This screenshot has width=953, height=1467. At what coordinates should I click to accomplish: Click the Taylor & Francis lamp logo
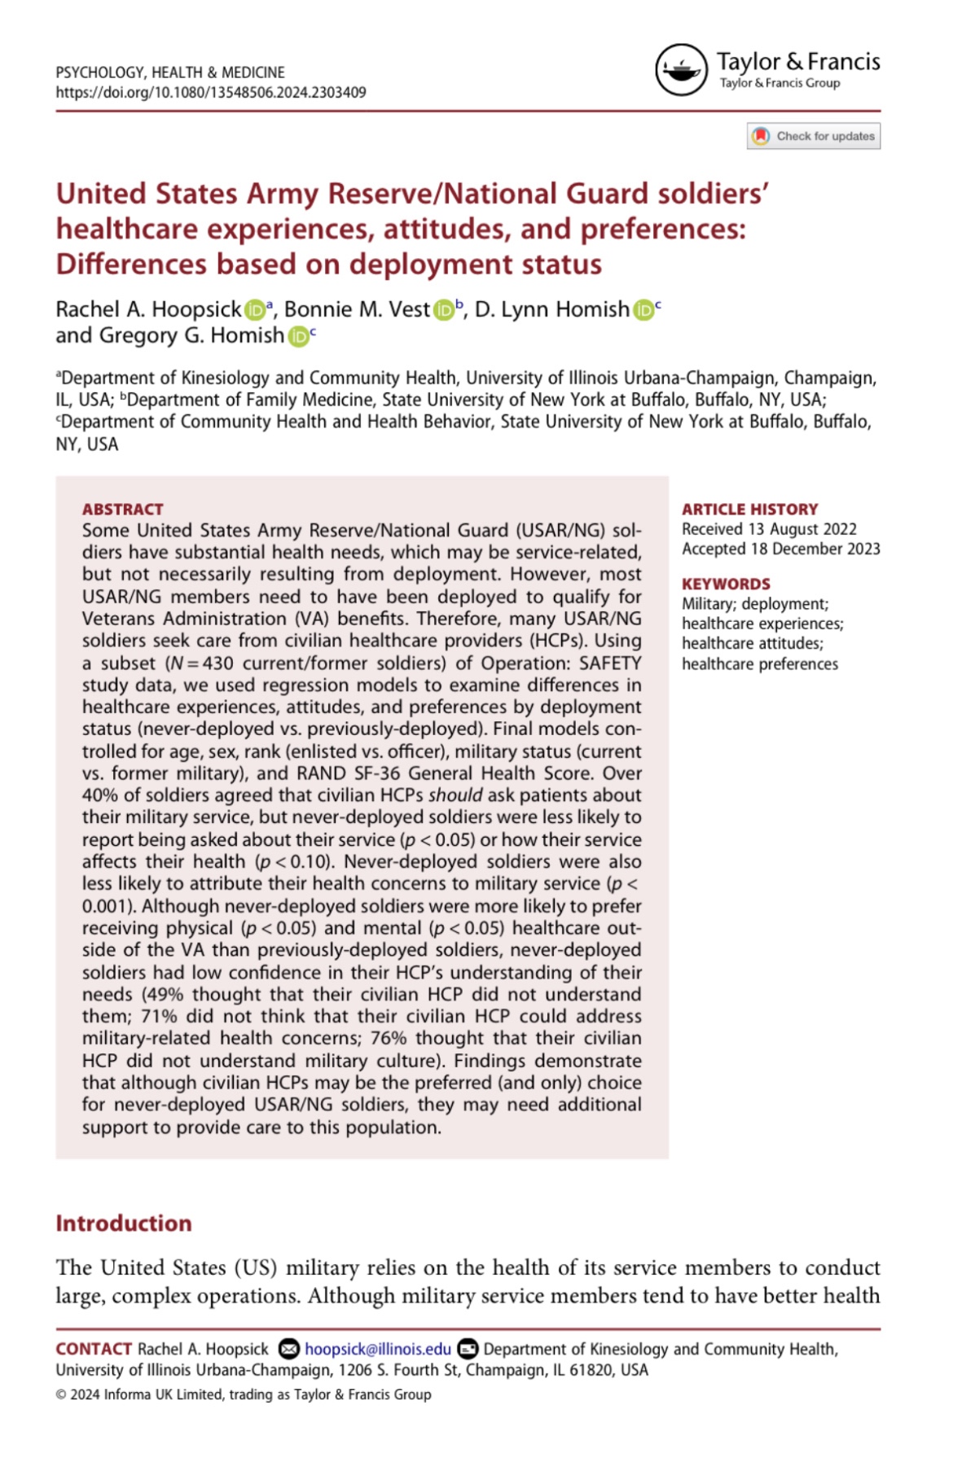pos(681,70)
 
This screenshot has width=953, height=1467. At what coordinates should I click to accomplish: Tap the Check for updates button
pos(813,136)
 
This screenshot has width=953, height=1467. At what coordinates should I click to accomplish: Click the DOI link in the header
pos(210,92)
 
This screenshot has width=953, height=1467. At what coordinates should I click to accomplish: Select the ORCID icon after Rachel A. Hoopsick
pos(255,310)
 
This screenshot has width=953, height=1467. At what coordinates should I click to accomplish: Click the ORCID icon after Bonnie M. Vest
pos(444,310)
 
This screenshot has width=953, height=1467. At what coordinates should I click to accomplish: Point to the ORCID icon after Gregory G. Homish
pos(298,336)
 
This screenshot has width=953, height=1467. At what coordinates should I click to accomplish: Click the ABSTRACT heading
pos(122,509)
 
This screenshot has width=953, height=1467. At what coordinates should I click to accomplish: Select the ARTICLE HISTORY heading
pos(749,509)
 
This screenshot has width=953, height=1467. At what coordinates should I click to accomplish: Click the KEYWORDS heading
pos(726,584)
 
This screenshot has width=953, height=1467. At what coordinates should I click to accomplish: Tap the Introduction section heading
pos(124,1223)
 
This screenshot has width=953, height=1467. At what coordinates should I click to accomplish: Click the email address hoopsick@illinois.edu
pos(377,1349)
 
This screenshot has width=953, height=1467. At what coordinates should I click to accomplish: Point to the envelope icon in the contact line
pos(288,1349)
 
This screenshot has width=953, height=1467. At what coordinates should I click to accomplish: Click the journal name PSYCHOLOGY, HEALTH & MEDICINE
pos(170,72)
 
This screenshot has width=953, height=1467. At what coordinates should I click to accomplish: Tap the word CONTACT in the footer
pos(94,1349)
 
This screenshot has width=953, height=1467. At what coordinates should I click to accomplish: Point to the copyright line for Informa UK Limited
pos(244,1394)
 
